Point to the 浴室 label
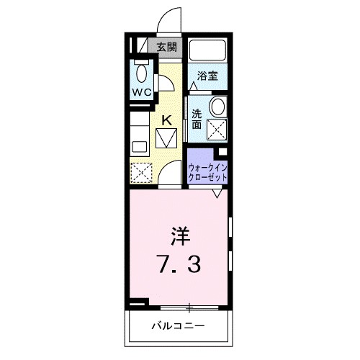click(x=208, y=76)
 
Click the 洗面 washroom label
click(x=197, y=119)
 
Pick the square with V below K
click(x=166, y=137)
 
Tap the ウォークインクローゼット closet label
click(x=208, y=172)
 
